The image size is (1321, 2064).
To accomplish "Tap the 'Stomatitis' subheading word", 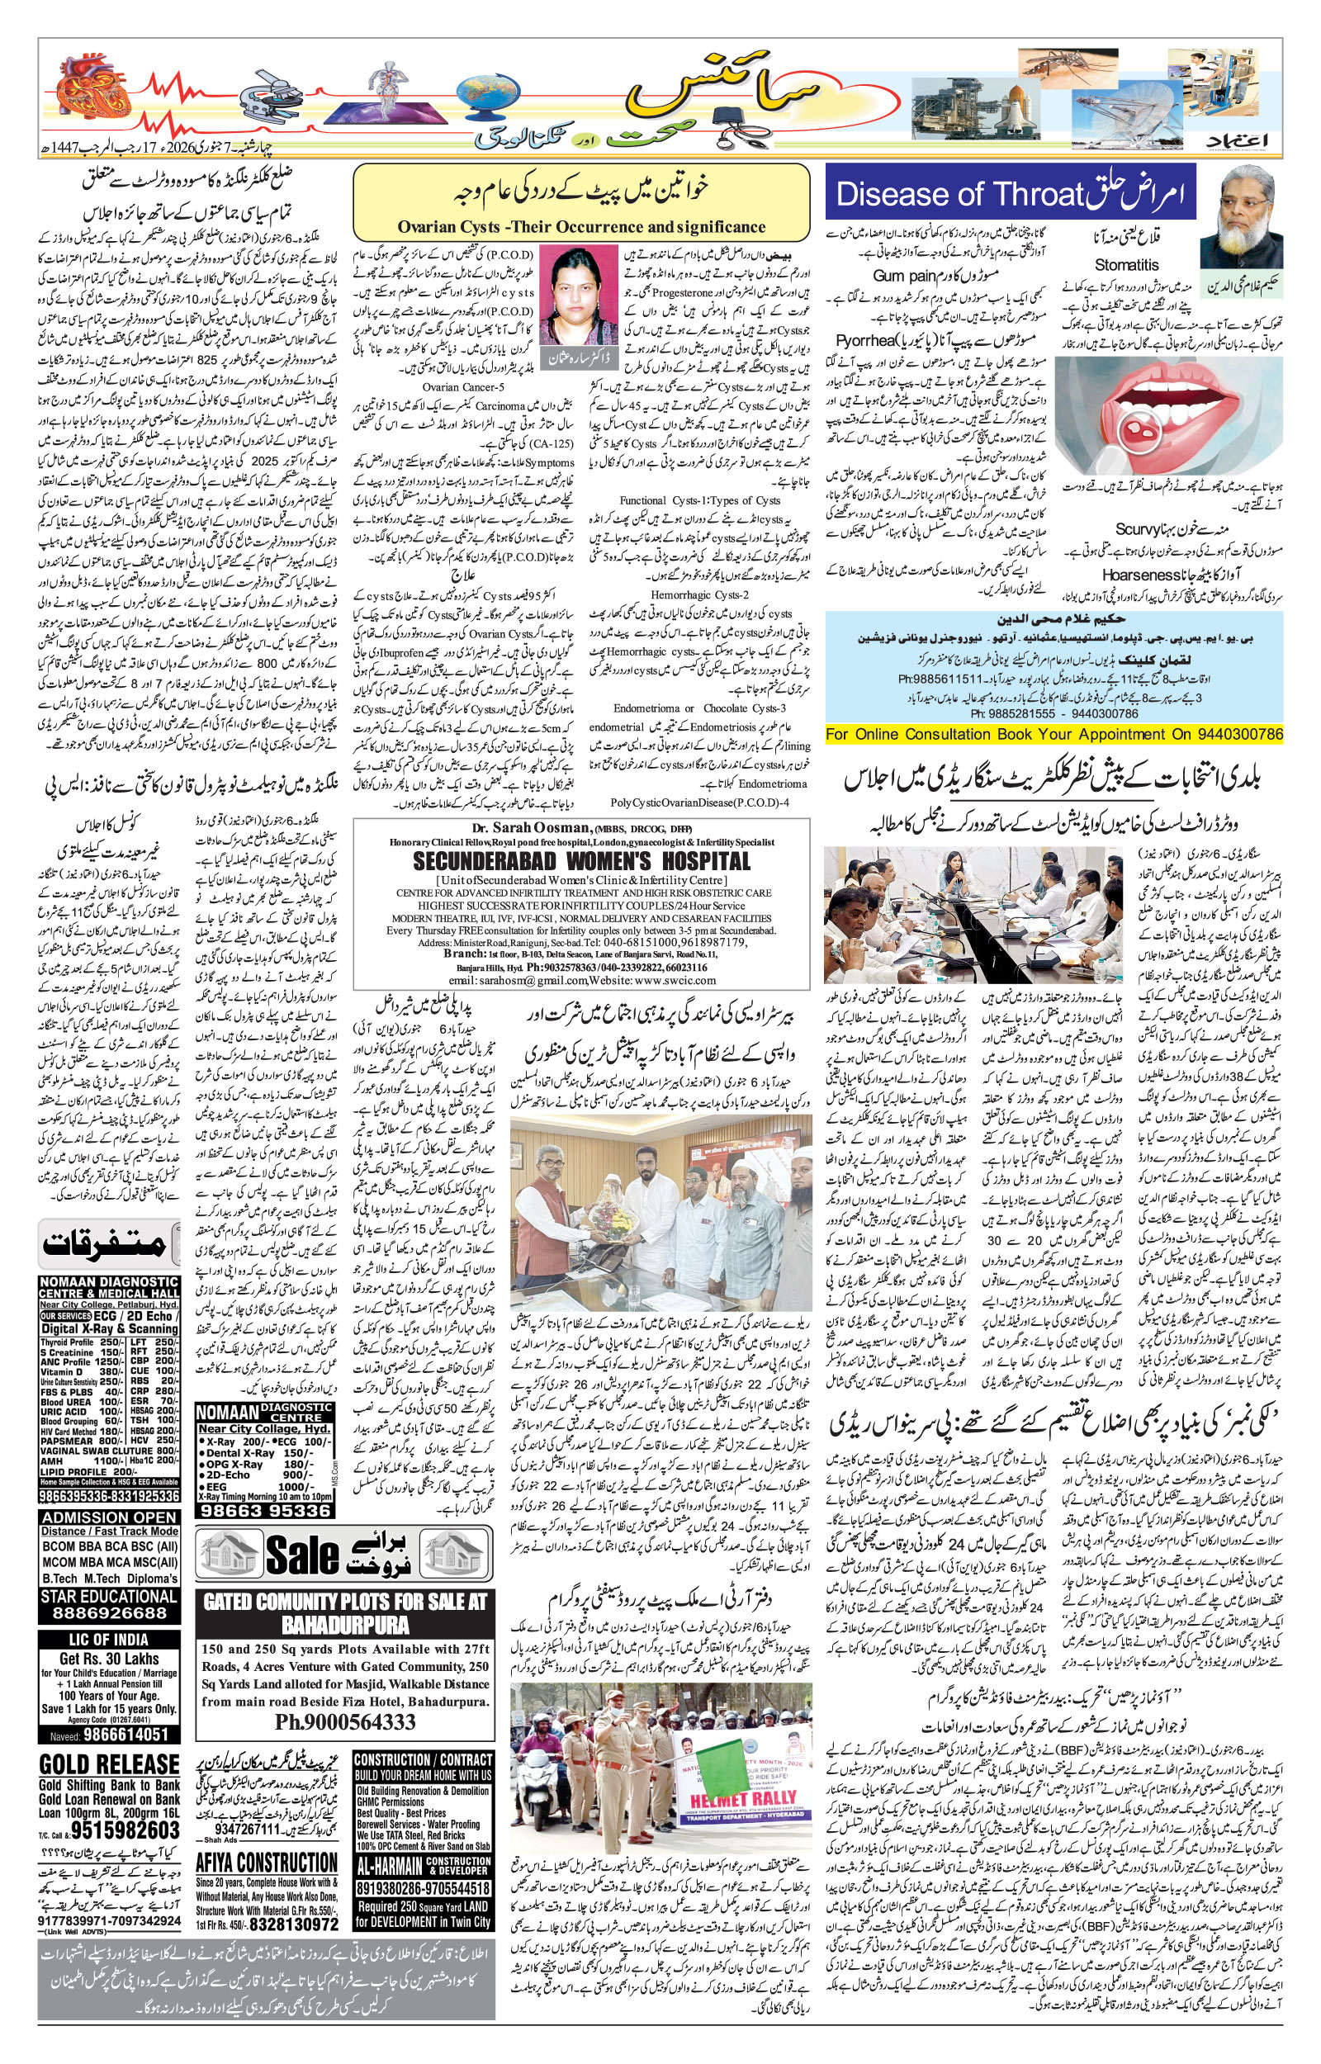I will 1125,265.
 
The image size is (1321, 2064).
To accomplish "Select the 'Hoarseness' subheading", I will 1137,575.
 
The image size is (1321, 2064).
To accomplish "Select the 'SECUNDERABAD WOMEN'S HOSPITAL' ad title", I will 580,862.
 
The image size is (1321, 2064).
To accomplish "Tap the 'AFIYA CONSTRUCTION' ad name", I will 267,1863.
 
